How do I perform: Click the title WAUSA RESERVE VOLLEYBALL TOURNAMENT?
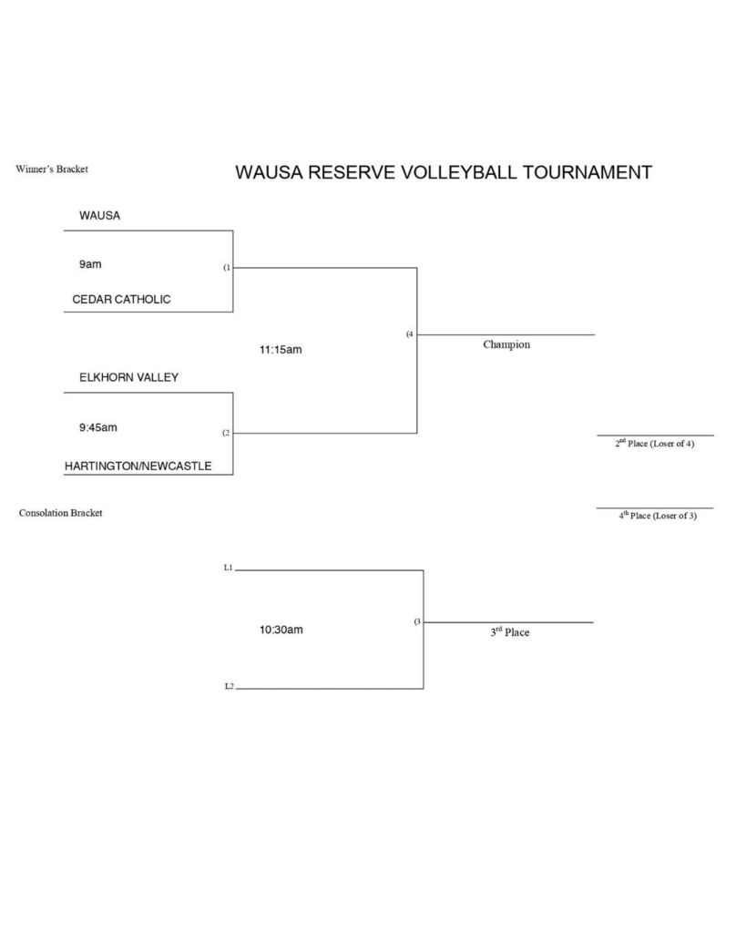(444, 172)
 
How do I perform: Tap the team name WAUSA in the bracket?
(99, 216)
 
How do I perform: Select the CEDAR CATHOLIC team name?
(121, 299)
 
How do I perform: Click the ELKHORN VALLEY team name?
(128, 377)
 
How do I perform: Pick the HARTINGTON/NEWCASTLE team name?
(138, 466)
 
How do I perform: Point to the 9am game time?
(90, 264)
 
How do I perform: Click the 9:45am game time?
(97, 427)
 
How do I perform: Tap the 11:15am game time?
(281, 349)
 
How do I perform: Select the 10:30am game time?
(281, 630)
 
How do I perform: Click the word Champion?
(506, 345)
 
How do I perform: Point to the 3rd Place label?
(509, 632)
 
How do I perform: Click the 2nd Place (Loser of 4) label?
(654, 444)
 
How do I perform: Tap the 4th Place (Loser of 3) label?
(657, 516)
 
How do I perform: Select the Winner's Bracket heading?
(52, 169)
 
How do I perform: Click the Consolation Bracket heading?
(60, 513)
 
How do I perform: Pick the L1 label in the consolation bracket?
(229, 568)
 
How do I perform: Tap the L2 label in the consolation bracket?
(229, 686)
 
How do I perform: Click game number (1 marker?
(227, 268)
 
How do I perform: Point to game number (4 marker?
(410, 334)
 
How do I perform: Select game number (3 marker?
(417, 621)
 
